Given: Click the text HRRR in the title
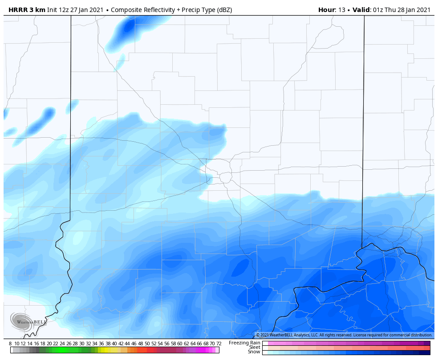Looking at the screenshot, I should [x=18, y=10].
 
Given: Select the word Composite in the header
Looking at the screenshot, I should [x=127, y=10].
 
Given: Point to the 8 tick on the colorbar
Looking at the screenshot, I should [x=10, y=344].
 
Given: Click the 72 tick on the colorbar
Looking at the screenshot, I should [x=219, y=344].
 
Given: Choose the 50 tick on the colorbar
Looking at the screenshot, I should [x=147, y=344].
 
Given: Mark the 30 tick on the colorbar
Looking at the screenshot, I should [x=81, y=344].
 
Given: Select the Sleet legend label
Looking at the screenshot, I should [x=254, y=347].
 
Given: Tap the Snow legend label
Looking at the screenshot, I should [x=254, y=352].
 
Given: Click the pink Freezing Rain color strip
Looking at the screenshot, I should [x=346, y=343].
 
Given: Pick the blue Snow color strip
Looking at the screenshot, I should [x=346, y=352].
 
